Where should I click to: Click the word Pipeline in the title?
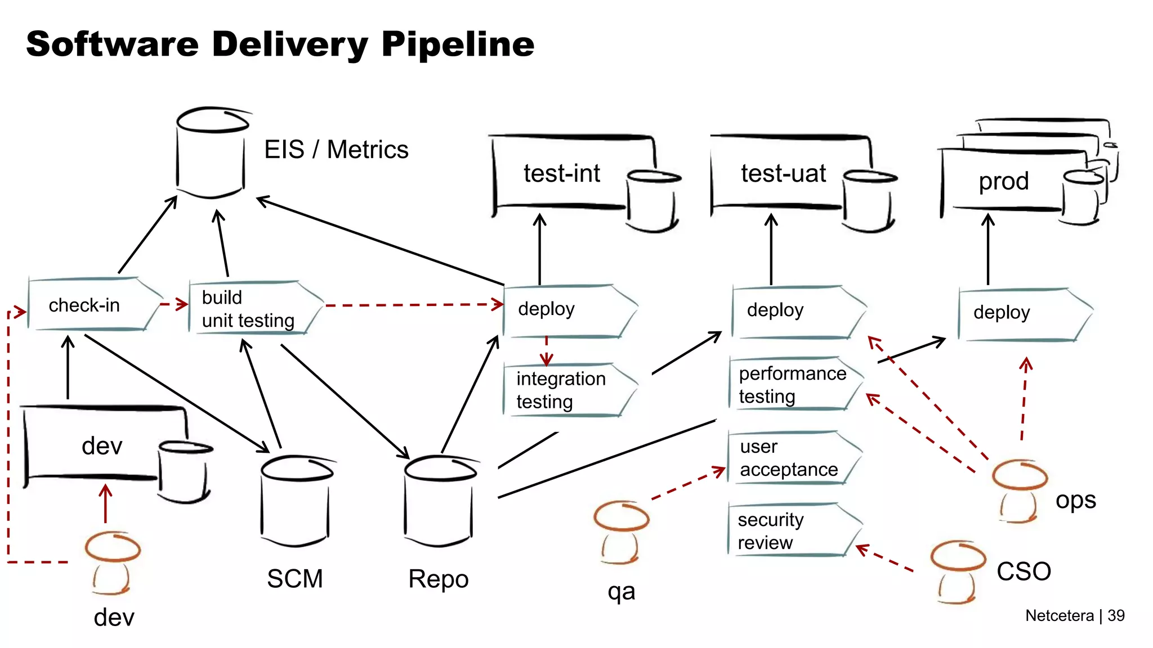coord(457,45)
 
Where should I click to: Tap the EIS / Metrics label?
coord(336,150)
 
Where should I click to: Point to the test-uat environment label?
coord(783,173)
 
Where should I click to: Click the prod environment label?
coord(1003,181)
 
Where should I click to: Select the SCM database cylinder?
coord(295,501)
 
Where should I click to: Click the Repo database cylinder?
coord(439,501)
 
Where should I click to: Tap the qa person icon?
coord(620,532)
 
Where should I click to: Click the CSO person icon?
coord(957,571)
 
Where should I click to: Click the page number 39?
coord(1116,615)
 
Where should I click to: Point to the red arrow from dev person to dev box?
coord(105,504)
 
